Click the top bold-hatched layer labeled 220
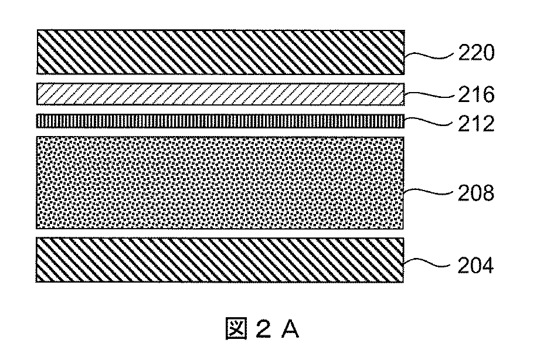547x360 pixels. (220, 52)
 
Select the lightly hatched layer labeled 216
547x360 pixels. (220, 93)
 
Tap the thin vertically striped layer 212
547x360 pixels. (220, 121)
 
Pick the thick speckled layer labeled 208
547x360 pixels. (220, 183)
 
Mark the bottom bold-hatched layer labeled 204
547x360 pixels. (220, 260)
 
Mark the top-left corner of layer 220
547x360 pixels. (37, 30)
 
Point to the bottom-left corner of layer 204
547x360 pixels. (37, 283)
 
